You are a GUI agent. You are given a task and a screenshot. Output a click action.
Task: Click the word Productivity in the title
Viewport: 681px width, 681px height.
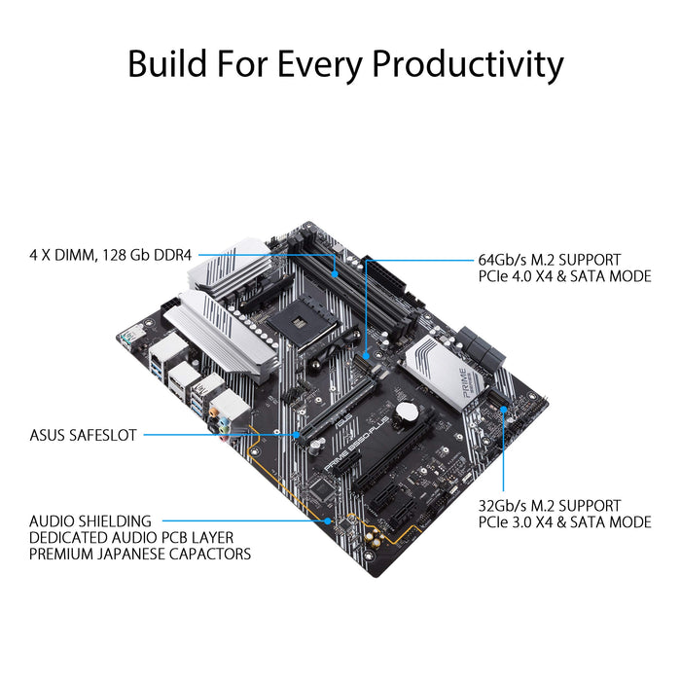pyautogui.click(x=469, y=64)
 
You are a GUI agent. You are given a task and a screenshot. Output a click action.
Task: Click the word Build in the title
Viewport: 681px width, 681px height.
pyautogui.click(x=169, y=64)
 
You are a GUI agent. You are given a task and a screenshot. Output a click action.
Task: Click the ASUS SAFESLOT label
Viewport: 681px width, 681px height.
pyautogui.click(x=84, y=435)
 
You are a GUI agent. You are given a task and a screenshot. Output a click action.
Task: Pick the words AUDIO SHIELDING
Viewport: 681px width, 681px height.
pyautogui.click(x=90, y=521)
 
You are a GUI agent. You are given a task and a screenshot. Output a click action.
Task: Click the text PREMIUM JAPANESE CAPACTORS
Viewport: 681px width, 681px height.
pyautogui.click(x=140, y=555)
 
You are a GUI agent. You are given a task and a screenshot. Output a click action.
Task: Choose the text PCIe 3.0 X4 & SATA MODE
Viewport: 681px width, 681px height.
pyautogui.click(x=564, y=522)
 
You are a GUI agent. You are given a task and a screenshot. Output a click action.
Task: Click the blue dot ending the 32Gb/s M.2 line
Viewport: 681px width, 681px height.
pyautogui.click(x=503, y=410)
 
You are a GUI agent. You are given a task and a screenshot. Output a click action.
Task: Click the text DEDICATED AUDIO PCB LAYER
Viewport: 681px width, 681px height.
pyautogui.click(x=131, y=538)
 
